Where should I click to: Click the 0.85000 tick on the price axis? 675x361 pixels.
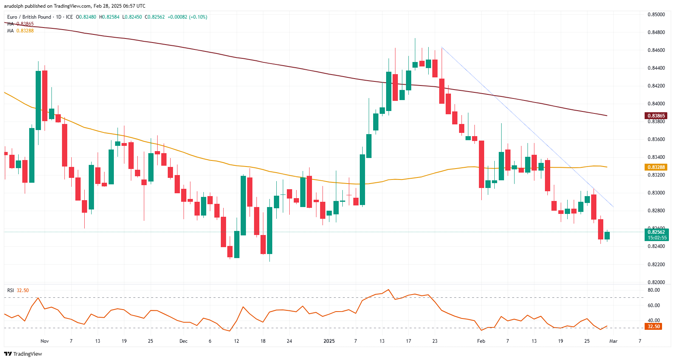(x=656, y=15)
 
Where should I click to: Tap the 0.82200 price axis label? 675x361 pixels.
(x=656, y=265)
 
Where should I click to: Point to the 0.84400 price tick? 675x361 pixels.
(x=656, y=68)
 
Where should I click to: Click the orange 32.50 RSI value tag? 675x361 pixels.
(x=654, y=327)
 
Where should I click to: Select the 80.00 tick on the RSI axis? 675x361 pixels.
(x=654, y=290)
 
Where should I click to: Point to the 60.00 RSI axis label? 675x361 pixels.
(x=654, y=305)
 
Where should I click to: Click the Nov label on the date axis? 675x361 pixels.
(x=45, y=341)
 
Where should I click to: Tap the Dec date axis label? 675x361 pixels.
(x=184, y=341)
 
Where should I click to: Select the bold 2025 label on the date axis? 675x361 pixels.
(x=329, y=341)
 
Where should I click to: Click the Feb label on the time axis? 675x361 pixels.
(x=481, y=341)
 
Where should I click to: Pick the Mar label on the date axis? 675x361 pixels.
(x=613, y=341)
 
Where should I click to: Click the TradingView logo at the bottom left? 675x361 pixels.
(x=23, y=354)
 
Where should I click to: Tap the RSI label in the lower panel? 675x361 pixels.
(x=11, y=291)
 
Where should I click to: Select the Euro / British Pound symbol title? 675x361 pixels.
(x=29, y=17)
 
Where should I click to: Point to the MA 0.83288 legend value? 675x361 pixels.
(x=25, y=31)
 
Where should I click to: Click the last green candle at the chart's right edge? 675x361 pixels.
(x=607, y=236)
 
